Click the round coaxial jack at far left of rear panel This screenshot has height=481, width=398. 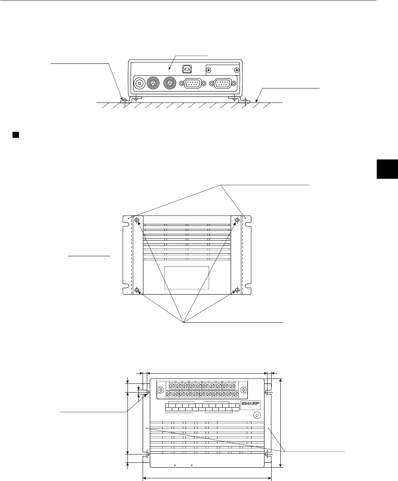click(139, 83)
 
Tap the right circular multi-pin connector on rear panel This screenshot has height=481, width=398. click(169, 83)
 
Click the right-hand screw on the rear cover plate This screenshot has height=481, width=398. click(237, 70)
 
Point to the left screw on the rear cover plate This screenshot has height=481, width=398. click(208, 70)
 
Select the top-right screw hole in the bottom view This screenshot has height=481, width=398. click(237, 220)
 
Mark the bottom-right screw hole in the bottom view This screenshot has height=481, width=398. click(237, 290)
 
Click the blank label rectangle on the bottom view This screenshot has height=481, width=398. click(187, 278)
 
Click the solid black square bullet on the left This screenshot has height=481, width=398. click(16, 135)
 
